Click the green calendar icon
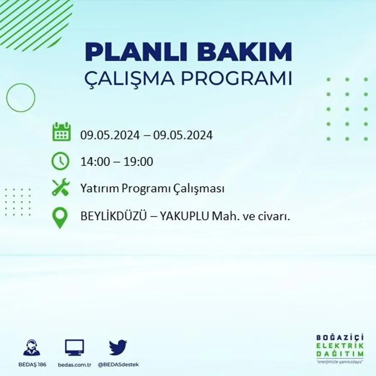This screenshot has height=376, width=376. click(x=61, y=132)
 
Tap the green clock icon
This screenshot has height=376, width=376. click(x=60, y=161)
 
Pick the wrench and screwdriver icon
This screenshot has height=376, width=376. click(x=61, y=188)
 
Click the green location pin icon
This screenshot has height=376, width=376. click(x=60, y=217)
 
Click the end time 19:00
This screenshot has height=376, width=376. click(x=138, y=162)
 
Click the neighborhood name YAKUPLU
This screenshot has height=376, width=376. click(x=185, y=217)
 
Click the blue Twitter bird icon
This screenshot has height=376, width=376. click(x=118, y=347)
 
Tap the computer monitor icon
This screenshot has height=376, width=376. click(x=74, y=347)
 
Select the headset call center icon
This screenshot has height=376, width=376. click(x=32, y=347)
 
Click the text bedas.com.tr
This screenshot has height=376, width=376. click(x=75, y=364)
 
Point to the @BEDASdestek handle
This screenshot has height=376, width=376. click(x=118, y=364)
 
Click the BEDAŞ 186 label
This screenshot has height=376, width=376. click(x=32, y=364)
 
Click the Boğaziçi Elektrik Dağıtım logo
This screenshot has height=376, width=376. click(x=340, y=347)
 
